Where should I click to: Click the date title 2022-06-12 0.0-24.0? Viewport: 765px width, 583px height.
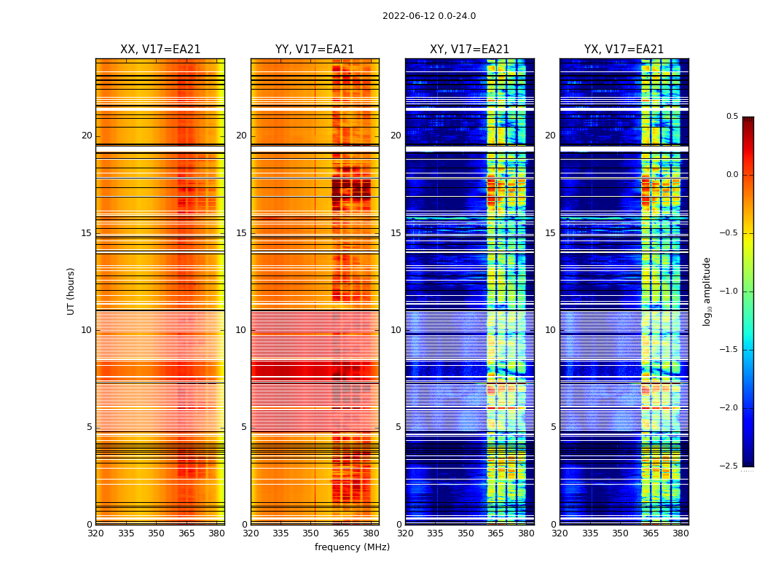428,16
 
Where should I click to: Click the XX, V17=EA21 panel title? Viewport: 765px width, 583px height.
160,50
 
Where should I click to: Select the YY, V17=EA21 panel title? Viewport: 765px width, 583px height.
315,50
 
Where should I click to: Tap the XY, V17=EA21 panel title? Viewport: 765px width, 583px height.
469,50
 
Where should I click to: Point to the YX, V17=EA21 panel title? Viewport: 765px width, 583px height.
624,50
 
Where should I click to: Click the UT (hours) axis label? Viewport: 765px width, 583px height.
71,291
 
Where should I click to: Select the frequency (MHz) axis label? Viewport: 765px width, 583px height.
352,547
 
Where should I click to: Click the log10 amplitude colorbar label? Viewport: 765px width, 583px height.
707,291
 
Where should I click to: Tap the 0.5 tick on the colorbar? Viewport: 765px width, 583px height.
731,117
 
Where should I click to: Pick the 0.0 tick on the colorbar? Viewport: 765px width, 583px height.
731,175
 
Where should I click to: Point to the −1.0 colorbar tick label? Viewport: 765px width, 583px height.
729,291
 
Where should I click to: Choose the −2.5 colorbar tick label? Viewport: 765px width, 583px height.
729,466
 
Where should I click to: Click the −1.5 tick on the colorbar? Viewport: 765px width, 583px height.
729,350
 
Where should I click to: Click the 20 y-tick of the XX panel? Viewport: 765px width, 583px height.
87,136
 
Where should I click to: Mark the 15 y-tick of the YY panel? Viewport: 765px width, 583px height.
241,233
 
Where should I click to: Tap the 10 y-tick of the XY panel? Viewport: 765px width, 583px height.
396,330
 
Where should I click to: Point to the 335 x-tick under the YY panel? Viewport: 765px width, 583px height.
281,533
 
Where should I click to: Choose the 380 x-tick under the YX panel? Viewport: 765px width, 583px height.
680,533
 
